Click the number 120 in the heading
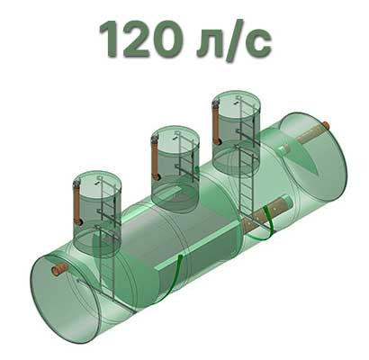tap(140, 40)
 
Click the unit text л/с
tap(234, 41)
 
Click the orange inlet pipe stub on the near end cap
tap(60, 269)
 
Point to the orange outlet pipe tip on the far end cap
tap(326, 125)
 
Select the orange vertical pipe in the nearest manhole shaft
tap(77, 204)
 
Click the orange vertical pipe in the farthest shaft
tap(217, 122)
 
